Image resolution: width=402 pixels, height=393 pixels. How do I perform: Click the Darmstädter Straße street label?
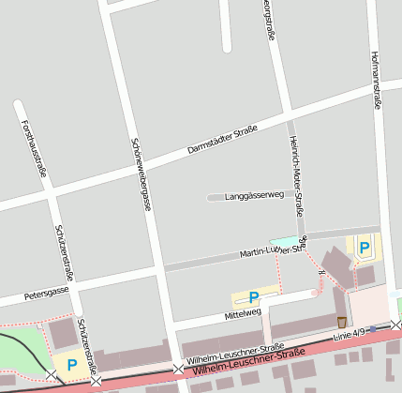[222, 137]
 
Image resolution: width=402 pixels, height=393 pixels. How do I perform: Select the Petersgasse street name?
[47, 293]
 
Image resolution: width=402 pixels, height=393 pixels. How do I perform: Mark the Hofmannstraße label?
[376, 80]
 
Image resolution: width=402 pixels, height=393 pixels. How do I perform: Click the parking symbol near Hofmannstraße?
[365, 248]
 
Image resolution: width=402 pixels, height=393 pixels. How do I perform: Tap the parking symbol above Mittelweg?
[253, 296]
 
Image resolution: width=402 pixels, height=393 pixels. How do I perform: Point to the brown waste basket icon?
[341, 322]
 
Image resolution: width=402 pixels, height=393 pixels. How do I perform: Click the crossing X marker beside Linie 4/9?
[396, 325]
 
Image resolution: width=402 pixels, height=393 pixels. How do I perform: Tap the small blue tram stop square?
[373, 328]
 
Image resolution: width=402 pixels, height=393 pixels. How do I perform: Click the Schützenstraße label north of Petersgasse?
[64, 251]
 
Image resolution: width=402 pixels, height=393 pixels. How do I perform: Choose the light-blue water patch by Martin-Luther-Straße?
[282, 241]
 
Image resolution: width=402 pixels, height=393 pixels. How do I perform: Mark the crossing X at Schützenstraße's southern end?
[96, 381]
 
